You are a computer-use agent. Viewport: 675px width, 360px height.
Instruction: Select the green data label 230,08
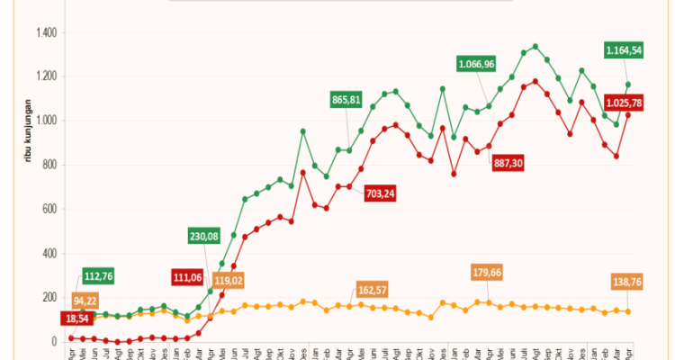pos(209,237)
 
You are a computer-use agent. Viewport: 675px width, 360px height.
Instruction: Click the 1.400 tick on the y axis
pos(46,33)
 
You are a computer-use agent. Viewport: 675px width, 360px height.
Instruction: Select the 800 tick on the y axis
pos(49,165)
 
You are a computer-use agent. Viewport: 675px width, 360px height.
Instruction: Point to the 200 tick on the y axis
pos(49,298)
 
